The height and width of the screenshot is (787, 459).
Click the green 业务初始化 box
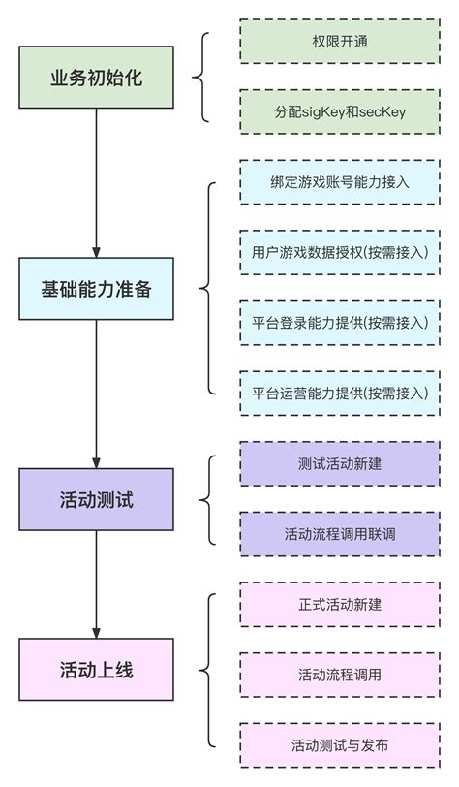[x=96, y=78]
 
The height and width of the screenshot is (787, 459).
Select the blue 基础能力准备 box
[x=96, y=289]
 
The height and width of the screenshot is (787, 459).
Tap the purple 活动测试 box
[x=96, y=499]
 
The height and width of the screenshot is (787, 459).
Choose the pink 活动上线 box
[x=96, y=670]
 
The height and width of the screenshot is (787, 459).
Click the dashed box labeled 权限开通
[x=339, y=42]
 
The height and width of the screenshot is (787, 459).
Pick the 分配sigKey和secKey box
[x=339, y=112]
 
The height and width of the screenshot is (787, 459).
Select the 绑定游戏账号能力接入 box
[x=339, y=182]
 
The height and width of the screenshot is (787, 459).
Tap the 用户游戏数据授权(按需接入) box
[x=339, y=252]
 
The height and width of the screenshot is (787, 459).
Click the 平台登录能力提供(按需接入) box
[x=339, y=323]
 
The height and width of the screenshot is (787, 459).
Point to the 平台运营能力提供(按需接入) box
[x=339, y=393]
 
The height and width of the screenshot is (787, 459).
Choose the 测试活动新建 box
[x=339, y=463]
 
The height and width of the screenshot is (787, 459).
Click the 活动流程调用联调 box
[x=339, y=534]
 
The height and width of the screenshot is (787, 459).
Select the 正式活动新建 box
[x=339, y=604]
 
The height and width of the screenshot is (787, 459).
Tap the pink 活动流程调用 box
[x=339, y=675]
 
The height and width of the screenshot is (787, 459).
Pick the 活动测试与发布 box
[x=339, y=744]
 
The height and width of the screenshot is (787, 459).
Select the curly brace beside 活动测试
[x=204, y=499]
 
